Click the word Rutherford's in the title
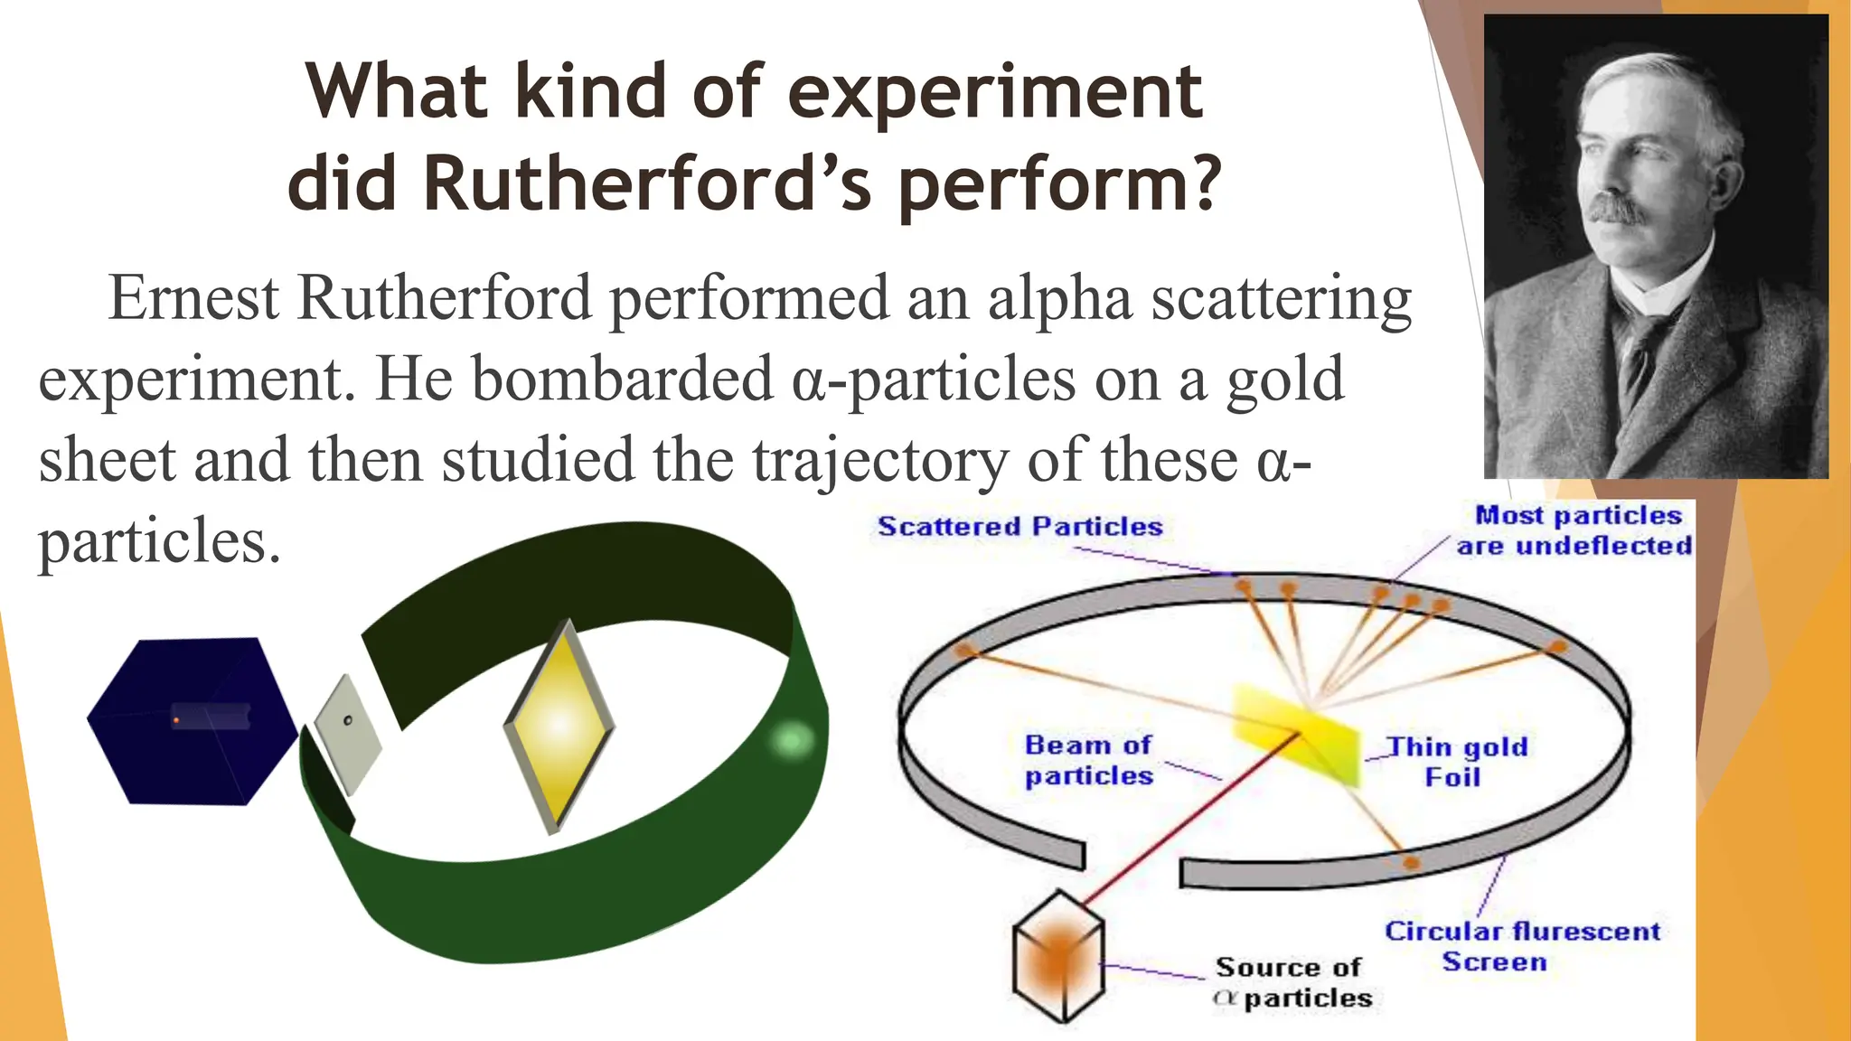pyautogui.click(x=646, y=184)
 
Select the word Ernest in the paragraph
pyautogui.click(x=193, y=297)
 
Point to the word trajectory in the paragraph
pyautogui.click(x=879, y=460)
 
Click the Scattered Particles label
pyautogui.click(x=1019, y=527)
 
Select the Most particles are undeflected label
pyautogui.click(x=1574, y=530)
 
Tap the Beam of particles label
pyautogui.click(x=1088, y=760)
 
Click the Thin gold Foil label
pyautogui.click(x=1457, y=761)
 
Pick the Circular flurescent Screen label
pyautogui.click(x=1522, y=946)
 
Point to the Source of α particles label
pyautogui.click(x=1292, y=982)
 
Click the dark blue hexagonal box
pyautogui.click(x=192, y=721)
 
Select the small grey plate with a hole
pyautogui.click(x=348, y=735)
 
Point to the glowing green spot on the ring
pyautogui.click(x=791, y=741)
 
